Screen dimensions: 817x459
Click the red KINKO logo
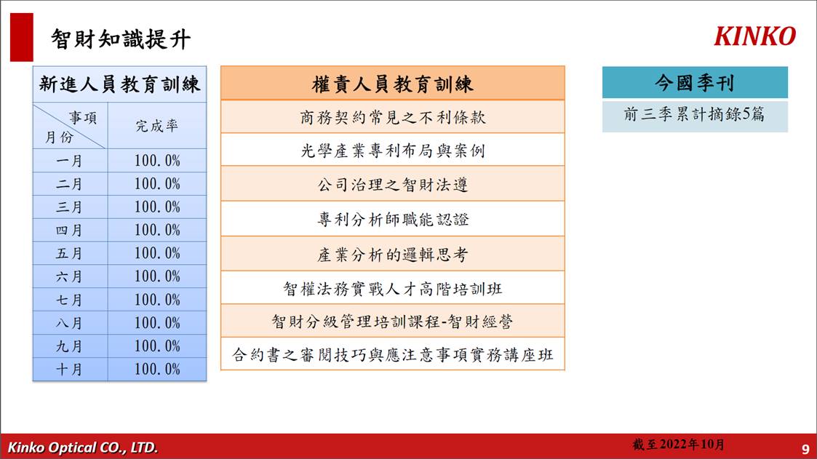(x=755, y=36)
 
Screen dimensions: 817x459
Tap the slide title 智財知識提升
(x=121, y=39)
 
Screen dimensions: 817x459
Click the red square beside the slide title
(x=21, y=38)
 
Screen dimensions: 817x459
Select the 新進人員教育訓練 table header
(x=119, y=84)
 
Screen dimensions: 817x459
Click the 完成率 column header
(x=157, y=126)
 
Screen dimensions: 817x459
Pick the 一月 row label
(x=69, y=161)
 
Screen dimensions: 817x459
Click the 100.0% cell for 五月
(x=157, y=253)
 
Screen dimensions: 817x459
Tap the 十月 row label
(x=69, y=370)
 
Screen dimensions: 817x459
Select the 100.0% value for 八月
(x=157, y=323)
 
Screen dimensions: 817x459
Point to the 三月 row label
(x=69, y=207)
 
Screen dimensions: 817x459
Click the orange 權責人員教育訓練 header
(x=392, y=84)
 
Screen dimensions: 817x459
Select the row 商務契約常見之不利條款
(x=392, y=116)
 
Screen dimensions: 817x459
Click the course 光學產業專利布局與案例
(x=392, y=150)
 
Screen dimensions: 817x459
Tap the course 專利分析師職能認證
(x=392, y=220)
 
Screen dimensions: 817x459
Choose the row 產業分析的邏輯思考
(x=392, y=255)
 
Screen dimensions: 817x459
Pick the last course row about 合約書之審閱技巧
(x=392, y=354)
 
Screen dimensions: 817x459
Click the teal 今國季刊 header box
(x=695, y=82)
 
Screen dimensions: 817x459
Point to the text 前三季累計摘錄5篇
(x=694, y=114)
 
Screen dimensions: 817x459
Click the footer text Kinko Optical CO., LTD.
(x=82, y=447)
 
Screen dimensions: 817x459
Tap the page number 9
(x=805, y=449)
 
